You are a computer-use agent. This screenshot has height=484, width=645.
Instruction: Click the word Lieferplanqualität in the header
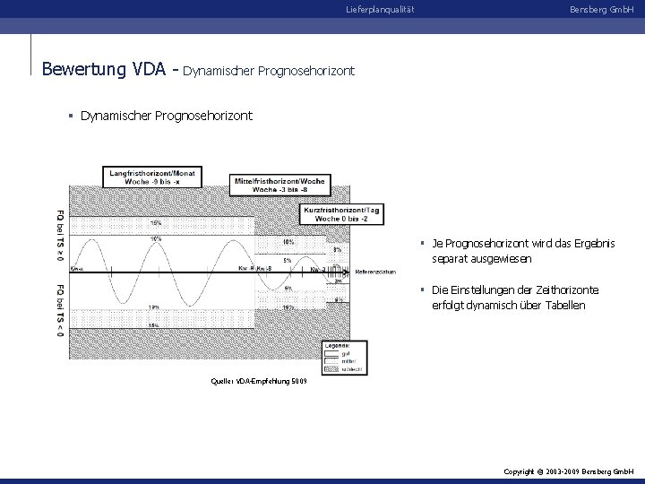pyautogui.click(x=380, y=9)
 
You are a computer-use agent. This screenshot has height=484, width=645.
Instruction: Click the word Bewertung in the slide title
pyautogui.click(x=84, y=68)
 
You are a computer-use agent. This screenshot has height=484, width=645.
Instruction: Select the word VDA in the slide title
pyautogui.click(x=153, y=68)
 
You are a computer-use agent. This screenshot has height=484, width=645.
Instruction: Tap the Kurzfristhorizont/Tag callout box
pyautogui.click(x=344, y=214)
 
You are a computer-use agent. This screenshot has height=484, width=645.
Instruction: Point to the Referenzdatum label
pyautogui.click(x=376, y=272)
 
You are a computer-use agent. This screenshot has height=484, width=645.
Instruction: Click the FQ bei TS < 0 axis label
pyautogui.click(x=60, y=310)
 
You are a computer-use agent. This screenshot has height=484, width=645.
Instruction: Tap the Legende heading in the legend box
pyautogui.click(x=340, y=344)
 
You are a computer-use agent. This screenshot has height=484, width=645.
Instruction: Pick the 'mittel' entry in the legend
pyautogui.click(x=348, y=360)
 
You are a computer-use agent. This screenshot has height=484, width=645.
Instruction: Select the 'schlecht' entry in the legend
pyautogui.click(x=350, y=368)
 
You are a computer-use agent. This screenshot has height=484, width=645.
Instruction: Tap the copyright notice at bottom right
pyautogui.click(x=569, y=471)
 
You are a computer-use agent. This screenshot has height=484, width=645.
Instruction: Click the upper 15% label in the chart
pyautogui.click(x=156, y=221)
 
